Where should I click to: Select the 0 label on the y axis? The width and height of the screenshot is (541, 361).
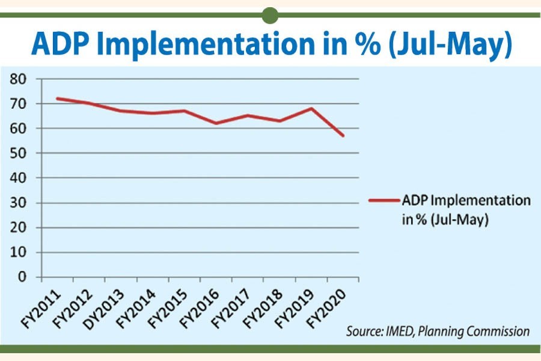click(x=22, y=277)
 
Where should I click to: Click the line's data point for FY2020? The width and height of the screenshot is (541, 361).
click(x=343, y=136)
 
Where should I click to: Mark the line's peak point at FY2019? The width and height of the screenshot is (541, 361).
click(x=311, y=108)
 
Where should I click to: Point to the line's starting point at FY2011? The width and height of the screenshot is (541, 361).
click(x=57, y=98)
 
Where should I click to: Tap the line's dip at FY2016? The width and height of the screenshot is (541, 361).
click(x=216, y=123)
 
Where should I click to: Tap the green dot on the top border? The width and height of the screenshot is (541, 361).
click(x=270, y=14)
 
